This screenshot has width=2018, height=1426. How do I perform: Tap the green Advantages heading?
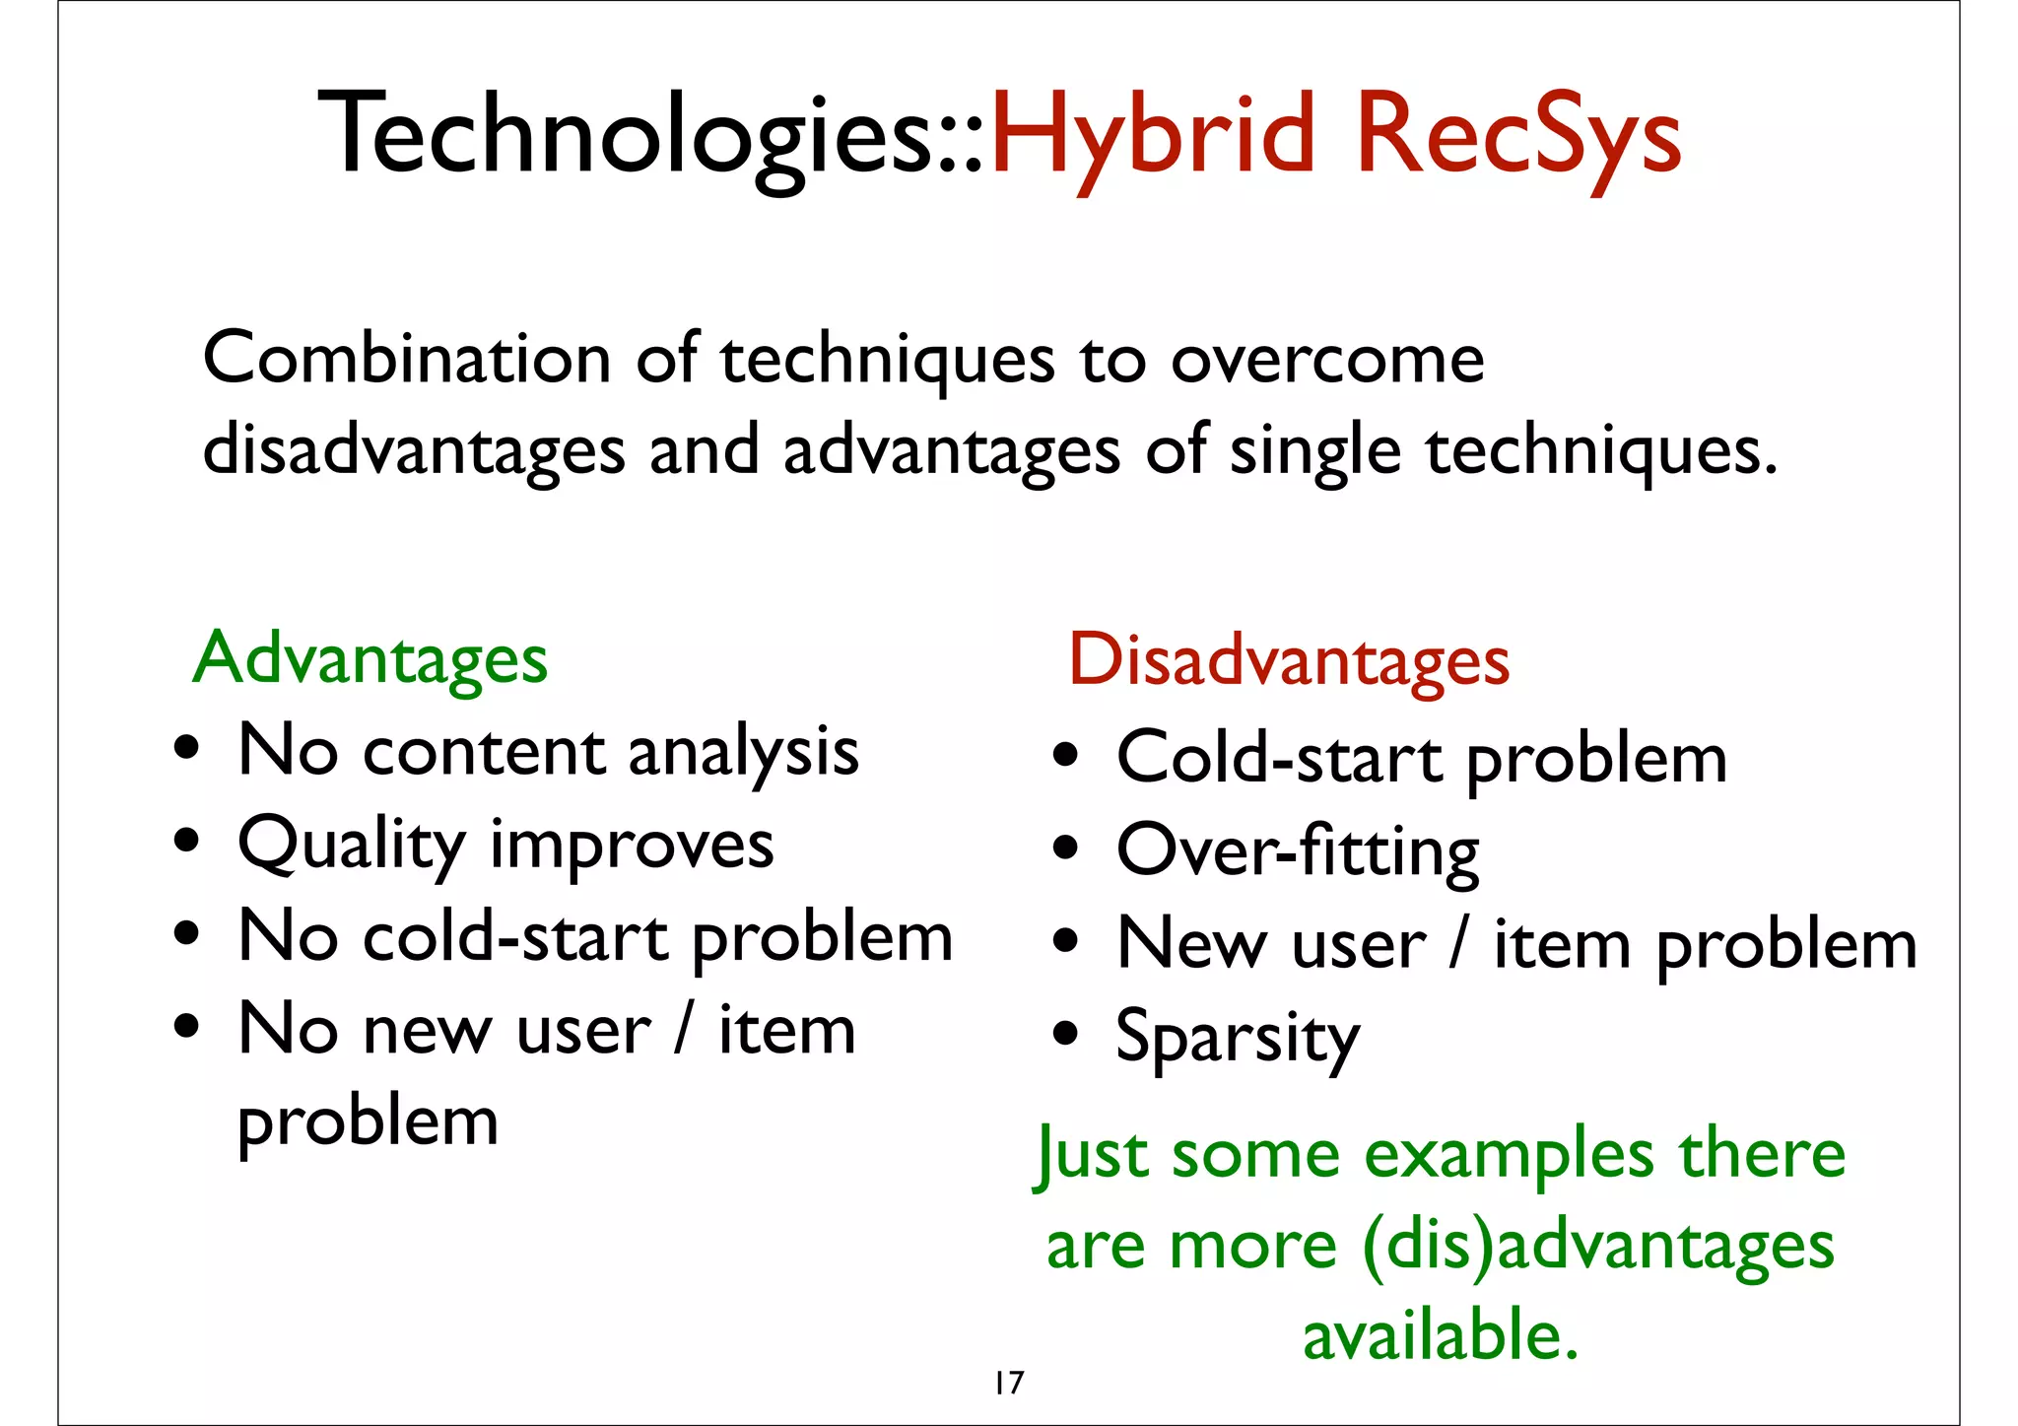370,658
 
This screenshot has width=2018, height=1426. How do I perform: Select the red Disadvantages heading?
1289,660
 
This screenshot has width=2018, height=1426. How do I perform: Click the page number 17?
1009,1383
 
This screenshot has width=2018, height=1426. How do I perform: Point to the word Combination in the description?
406,359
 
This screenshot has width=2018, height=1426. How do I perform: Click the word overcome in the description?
1327,361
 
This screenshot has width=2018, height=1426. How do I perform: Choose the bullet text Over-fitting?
1298,850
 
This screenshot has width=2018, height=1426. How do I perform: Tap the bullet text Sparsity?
1238,1038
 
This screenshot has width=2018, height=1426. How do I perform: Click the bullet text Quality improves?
505,846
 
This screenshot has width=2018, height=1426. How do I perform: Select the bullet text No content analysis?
549,752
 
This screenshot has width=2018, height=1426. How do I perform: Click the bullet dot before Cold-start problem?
1065,757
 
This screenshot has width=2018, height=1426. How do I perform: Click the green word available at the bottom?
1441,1336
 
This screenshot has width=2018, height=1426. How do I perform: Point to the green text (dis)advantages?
1598,1246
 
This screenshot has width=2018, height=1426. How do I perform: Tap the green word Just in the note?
1092,1155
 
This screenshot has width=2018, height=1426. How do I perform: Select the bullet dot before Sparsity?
1065,1035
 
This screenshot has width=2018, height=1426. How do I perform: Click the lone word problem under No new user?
369,1122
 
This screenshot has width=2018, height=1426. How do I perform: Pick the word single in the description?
1314,451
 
